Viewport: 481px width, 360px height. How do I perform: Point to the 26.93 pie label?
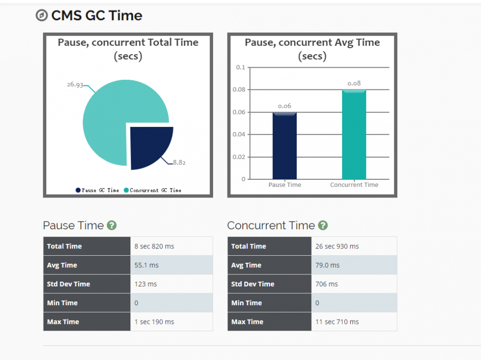pyautogui.click(x=75, y=85)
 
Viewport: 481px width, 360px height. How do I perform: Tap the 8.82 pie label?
pyautogui.click(x=179, y=162)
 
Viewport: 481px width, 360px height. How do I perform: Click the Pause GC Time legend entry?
pyautogui.click(x=97, y=190)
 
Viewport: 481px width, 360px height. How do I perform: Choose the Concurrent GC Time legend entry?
pyautogui.click(x=152, y=190)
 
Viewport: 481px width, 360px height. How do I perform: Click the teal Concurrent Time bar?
pyautogui.click(x=354, y=135)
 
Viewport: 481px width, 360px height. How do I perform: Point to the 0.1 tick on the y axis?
pyautogui.click(x=240, y=67)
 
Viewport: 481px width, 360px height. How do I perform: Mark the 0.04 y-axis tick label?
pyautogui.click(x=239, y=135)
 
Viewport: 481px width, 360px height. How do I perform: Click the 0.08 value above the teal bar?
pyautogui.click(x=354, y=84)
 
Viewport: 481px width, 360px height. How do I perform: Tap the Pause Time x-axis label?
pyautogui.click(x=284, y=185)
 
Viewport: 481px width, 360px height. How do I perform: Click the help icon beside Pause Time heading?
pyautogui.click(x=112, y=225)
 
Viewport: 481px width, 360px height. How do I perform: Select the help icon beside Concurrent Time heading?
pyautogui.click(x=323, y=225)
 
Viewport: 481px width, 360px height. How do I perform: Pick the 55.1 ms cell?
pyautogui.click(x=147, y=265)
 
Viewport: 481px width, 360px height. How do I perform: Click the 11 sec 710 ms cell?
pyautogui.click(x=337, y=322)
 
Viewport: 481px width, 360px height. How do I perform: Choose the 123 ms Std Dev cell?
pyautogui.click(x=146, y=284)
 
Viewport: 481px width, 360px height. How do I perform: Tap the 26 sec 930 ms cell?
pyautogui.click(x=337, y=247)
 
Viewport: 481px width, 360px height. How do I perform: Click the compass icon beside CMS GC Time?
pyautogui.click(x=42, y=16)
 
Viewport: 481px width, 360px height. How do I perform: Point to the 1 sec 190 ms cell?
pyautogui.click(x=154, y=322)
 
